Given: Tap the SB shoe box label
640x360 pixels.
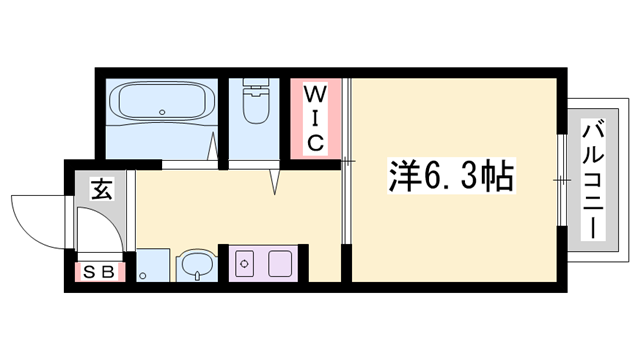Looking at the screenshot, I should click(x=101, y=270).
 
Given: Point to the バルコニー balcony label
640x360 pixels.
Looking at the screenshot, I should click(x=593, y=178).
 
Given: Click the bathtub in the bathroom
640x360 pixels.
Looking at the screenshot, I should click(x=159, y=104).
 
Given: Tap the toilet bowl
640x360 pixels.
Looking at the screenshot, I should click(x=257, y=108).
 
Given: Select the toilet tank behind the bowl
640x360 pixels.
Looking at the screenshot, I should click(x=257, y=86).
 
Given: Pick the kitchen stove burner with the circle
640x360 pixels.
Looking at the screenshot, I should click(x=244, y=264).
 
